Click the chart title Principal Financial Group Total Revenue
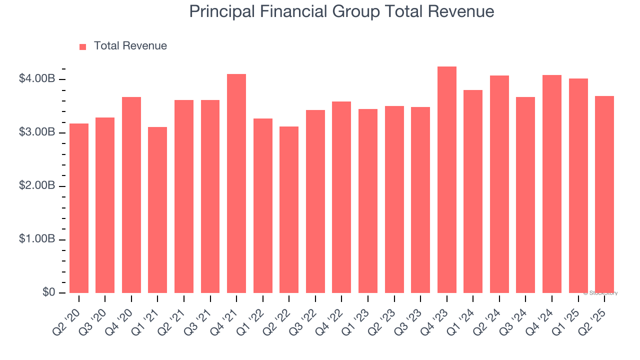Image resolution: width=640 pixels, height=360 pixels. click(341, 12)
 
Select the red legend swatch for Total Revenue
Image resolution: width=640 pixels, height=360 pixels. click(83, 46)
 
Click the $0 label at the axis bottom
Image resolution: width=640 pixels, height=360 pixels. click(48, 292)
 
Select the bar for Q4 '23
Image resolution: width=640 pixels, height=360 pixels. click(446, 180)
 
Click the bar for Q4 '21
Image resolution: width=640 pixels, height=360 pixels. click(236, 183)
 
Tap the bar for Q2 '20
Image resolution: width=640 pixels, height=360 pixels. click(79, 208)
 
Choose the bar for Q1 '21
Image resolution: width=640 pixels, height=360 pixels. click(157, 210)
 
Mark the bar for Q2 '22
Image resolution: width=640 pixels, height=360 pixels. click(289, 210)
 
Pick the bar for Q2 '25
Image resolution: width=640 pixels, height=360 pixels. click(604, 194)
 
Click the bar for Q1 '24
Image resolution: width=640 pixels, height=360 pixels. click(473, 191)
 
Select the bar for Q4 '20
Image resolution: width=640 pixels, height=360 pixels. click(131, 195)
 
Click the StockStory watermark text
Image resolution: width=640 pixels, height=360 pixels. click(600, 293)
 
